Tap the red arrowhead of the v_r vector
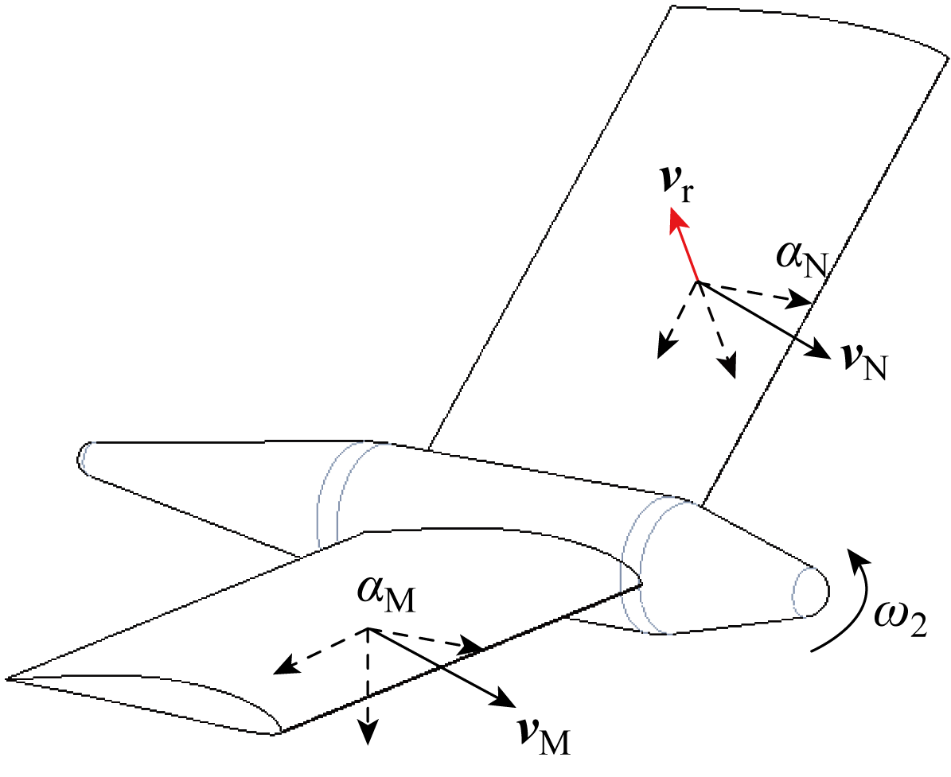677,220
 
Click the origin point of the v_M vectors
368,629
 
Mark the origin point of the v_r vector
697,281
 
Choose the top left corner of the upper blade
674,7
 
